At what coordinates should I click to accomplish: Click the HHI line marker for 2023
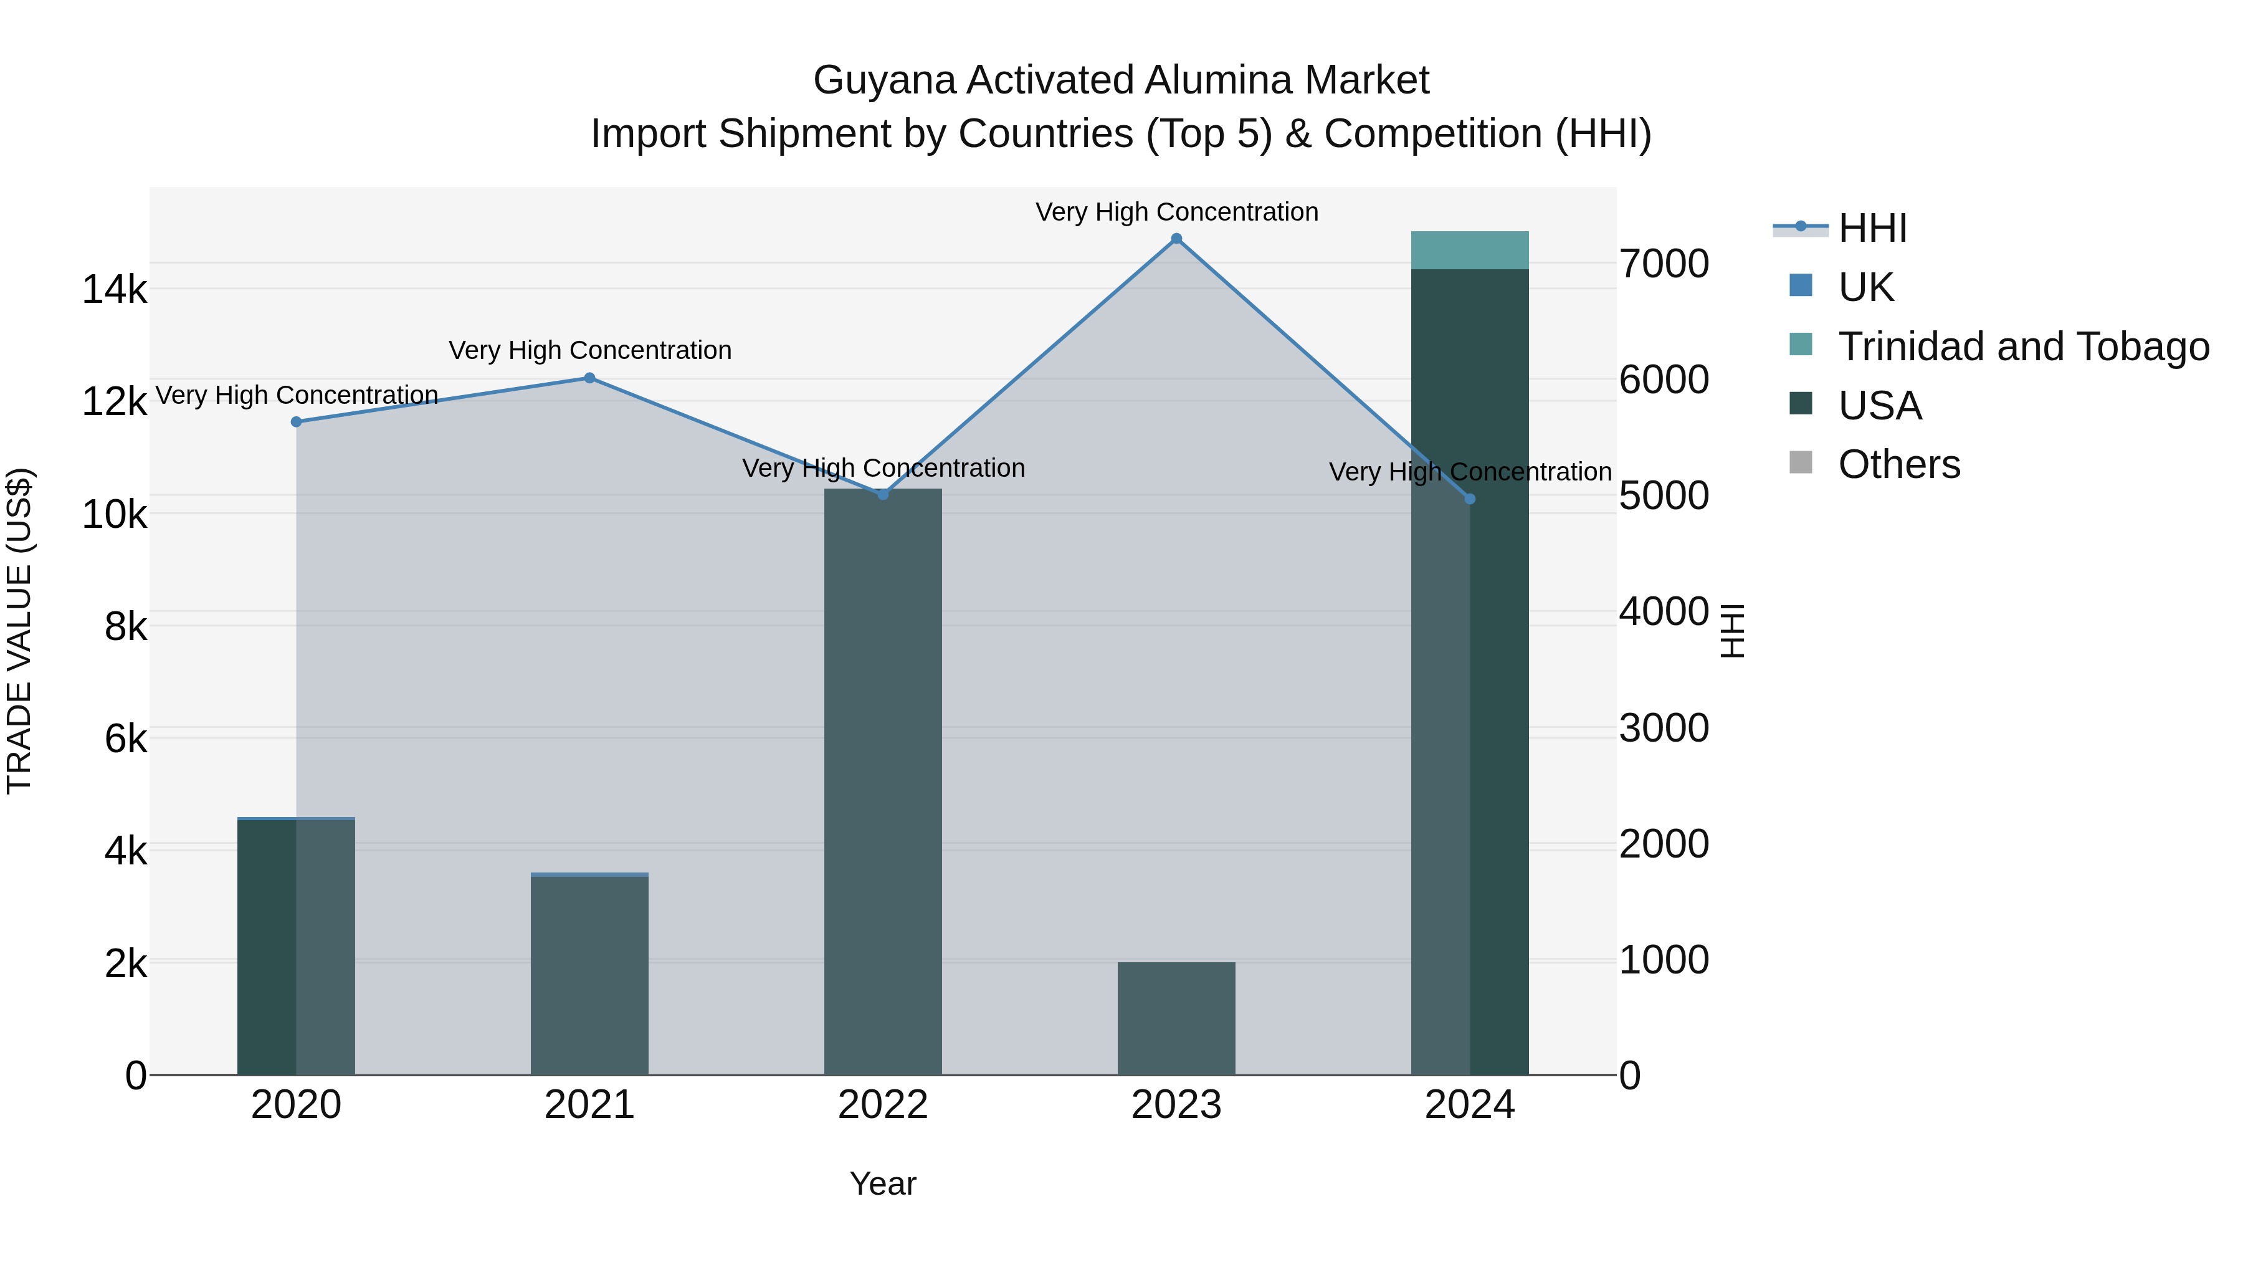1176,239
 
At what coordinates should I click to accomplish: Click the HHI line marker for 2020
296,421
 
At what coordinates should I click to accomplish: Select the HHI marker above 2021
589,378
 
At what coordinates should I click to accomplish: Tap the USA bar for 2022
883,784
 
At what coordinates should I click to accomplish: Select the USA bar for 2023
1176,1019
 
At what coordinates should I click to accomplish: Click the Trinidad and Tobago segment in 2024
1470,251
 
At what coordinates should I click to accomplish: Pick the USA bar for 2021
589,975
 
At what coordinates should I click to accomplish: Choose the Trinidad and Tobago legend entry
2022,347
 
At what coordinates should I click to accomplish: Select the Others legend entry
1898,465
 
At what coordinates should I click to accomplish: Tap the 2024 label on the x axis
1470,1105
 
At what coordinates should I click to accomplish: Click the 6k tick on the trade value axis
125,739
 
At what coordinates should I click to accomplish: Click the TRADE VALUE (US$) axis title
19,631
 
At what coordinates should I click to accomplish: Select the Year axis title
883,1183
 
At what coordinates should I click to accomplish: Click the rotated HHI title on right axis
1733,631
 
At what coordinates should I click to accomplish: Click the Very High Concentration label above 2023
1176,212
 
